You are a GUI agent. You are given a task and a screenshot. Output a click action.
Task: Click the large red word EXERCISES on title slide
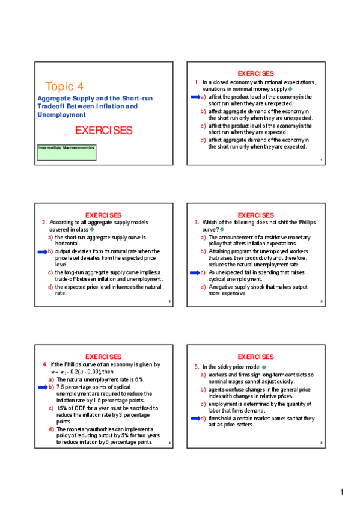pyautogui.click(x=103, y=131)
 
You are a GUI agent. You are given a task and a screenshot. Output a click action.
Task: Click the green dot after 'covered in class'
pyautogui.click(x=92, y=229)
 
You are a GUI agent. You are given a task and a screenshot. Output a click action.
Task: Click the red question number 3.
pyautogui.click(x=197, y=223)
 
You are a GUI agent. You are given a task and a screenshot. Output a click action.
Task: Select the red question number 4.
pyautogui.click(x=45, y=364)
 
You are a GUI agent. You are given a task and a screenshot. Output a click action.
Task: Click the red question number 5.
pyautogui.click(x=197, y=367)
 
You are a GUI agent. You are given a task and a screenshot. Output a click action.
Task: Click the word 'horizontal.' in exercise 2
pyautogui.click(x=69, y=244)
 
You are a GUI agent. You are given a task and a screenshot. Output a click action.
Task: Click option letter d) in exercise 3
pyautogui.click(x=203, y=287)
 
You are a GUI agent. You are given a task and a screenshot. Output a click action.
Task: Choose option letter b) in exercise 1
pyautogui.click(x=203, y=111)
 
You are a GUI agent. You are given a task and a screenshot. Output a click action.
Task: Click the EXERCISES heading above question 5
pyautogui.click(x=256, y=357)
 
